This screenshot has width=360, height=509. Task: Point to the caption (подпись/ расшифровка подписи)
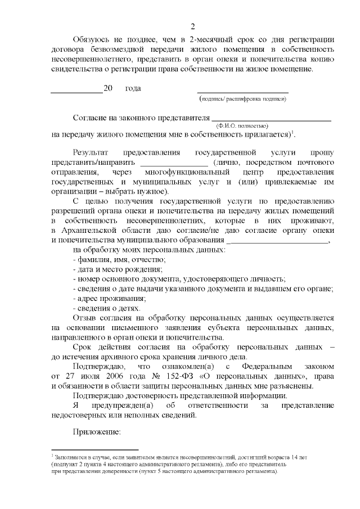coord(243,99)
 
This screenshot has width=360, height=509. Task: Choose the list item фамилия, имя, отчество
coord(119,260)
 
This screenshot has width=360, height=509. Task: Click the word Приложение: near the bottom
coord(97,431)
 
